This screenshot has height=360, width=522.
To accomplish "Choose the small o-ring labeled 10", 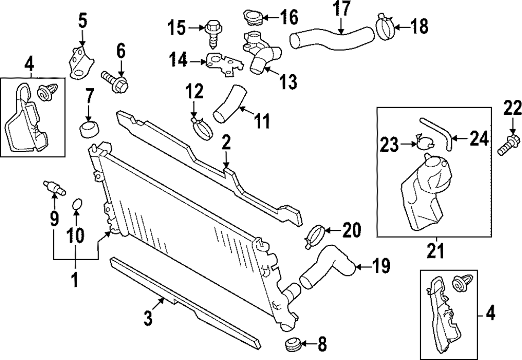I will click(x=77, y=205).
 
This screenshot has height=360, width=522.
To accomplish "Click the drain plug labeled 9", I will click(x=55, y=188).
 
